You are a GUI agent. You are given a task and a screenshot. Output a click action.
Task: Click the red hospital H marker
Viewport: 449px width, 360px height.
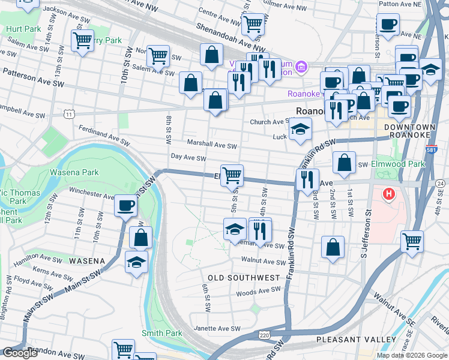pyautogui.click(x=389, y=194)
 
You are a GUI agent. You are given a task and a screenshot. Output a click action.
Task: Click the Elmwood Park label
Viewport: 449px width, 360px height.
pyautogui.click(x=396, y=163)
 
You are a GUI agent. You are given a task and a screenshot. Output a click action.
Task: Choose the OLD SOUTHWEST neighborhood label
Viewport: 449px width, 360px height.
pyautogui.click(x=244, y=278)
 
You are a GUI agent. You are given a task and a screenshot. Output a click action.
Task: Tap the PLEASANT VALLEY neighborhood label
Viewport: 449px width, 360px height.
pyautogui.click(x=357, y=340)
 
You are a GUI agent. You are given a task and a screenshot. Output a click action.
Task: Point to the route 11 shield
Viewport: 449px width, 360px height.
pyautogui.click(x=70, y=113)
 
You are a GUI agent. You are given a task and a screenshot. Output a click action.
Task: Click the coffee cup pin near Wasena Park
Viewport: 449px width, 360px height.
pyautogui.click(x=126, y=206)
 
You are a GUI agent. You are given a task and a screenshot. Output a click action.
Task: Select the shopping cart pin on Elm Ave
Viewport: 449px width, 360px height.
pyautogui.click(x=232, y=175)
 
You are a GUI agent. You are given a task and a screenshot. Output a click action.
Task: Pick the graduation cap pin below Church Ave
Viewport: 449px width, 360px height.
pyautogui.click(x=300, y=129)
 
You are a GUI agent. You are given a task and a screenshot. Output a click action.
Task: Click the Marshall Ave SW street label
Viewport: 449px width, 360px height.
pyautogui.click(x=212, y=145)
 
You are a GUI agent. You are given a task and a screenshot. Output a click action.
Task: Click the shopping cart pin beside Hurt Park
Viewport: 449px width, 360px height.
pyautogui.click(x=82, y=41)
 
